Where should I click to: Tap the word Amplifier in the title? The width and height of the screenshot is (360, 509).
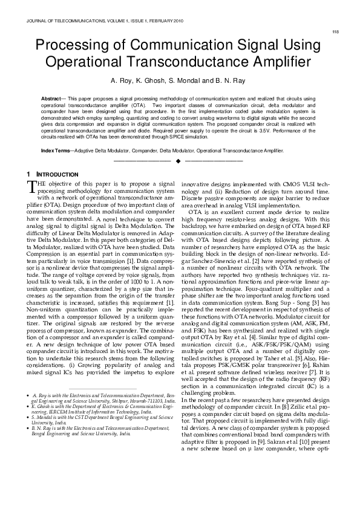[264, 62]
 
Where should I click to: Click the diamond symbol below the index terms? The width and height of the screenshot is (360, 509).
[178, 161]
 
